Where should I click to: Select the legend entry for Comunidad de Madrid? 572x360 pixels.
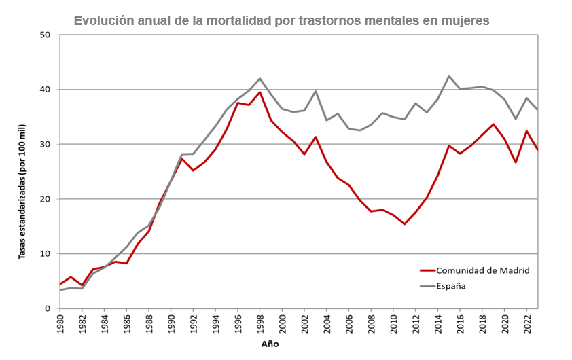[482, 270]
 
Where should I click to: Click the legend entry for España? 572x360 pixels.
[451, 286]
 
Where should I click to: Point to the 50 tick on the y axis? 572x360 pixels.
[46, 35]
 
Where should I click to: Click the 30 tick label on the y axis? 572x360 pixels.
[46, 144]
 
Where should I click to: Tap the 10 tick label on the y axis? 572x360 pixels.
[46, 254]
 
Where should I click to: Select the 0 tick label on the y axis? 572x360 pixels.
[49, 308]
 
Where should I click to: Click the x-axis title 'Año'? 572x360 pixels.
[270, 344]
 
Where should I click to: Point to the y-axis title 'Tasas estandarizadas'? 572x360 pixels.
[22, 190]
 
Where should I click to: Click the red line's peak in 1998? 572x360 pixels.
[260, 92]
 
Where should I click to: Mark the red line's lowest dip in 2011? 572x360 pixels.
[404, 223]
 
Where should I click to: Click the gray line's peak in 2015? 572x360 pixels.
[449, 76]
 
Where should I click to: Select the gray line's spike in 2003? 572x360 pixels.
[316, 91]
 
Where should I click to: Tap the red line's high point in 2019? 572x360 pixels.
[493, 124]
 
